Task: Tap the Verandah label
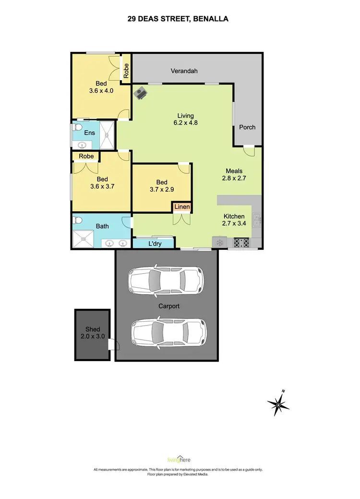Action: click(x=184, y=71)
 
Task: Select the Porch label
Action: click(x=247, y=127)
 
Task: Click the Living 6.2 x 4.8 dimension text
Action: click(x=185, y=122)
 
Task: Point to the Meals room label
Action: click(x=234, y=171)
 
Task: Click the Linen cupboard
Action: click(x=182, y=207)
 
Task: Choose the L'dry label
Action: click(x=155, y=244)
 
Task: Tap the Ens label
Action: click(x=89, y=133)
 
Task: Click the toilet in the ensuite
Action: click(x=77, y=128)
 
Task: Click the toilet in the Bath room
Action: click(x=77, y=220)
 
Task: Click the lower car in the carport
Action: click(x=168, y=330)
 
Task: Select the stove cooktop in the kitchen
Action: click(x=241, y=243)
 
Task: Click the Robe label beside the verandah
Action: click(x=126, y=72)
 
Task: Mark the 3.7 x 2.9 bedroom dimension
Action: click(x=162, y=189)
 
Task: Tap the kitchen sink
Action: click(x=257, y=220)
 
